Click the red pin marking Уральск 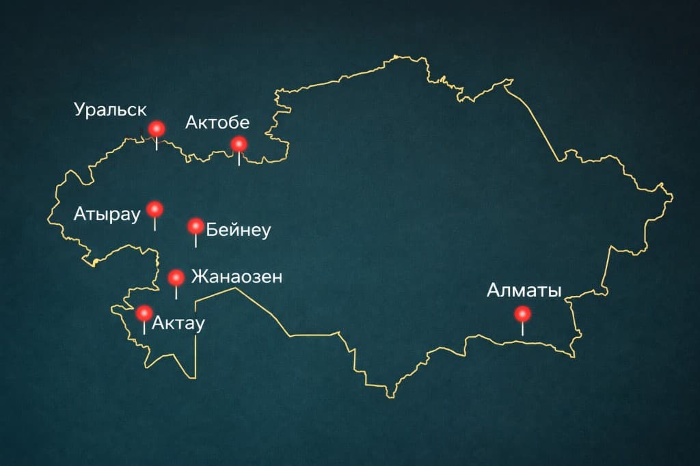point(157,128)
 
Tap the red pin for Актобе point(239,144)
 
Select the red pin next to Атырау point(155,208)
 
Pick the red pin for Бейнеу point(196,226)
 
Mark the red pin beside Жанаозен point(176,277)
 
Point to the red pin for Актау point(144,313)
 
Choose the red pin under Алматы point(523,314)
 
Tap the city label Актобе point(217,123)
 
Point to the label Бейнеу point(238,230)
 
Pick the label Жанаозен point(236,277)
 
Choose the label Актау point(178,323)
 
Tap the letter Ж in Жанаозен point(198,277)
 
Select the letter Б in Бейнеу point(211,230)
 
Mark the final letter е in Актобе point(244,124)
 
